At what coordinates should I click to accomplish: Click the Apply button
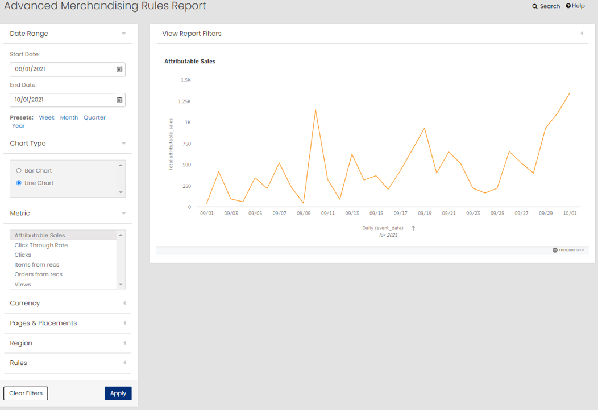(118, 393)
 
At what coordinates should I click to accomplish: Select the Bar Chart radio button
(19, 170)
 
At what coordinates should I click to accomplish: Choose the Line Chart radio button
(19, 183)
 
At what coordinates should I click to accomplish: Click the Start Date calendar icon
(119, 69)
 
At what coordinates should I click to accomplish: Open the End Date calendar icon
(119, 100)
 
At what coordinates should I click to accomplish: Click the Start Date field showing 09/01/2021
(62, 69)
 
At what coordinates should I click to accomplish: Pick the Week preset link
(47, 117)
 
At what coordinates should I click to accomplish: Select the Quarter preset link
(94, 117)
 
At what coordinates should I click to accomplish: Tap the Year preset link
(18, 125)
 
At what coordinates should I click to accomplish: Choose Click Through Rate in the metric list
(41, 245)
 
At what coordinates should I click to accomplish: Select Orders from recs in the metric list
(39, 274)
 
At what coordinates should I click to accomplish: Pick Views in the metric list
(23, 284)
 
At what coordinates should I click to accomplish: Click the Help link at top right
(575, 6)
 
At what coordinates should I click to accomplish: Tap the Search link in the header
(546, 6)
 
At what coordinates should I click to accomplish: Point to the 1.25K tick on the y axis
(185, 101)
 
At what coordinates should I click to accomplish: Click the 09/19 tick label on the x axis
(425, 213)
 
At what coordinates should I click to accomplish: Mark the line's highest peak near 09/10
(315, 110)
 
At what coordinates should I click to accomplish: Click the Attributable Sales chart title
(190, 61)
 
